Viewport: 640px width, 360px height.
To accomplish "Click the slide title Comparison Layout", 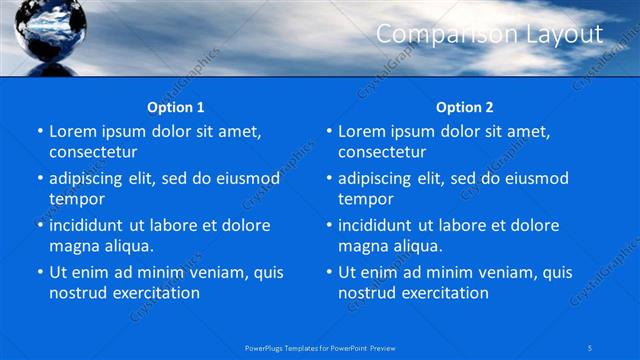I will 489,35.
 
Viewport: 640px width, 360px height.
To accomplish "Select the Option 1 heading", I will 176,107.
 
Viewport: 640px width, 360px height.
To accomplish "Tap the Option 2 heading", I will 465,107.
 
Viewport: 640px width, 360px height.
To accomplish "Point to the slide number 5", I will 591,347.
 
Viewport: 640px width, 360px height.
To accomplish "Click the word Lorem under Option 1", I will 72,132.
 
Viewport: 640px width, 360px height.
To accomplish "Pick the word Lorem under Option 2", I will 361,132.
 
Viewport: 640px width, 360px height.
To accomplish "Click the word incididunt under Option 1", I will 90,226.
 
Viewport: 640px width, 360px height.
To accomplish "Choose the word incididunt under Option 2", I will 379,226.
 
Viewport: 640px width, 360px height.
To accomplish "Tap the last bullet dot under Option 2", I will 328,273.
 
